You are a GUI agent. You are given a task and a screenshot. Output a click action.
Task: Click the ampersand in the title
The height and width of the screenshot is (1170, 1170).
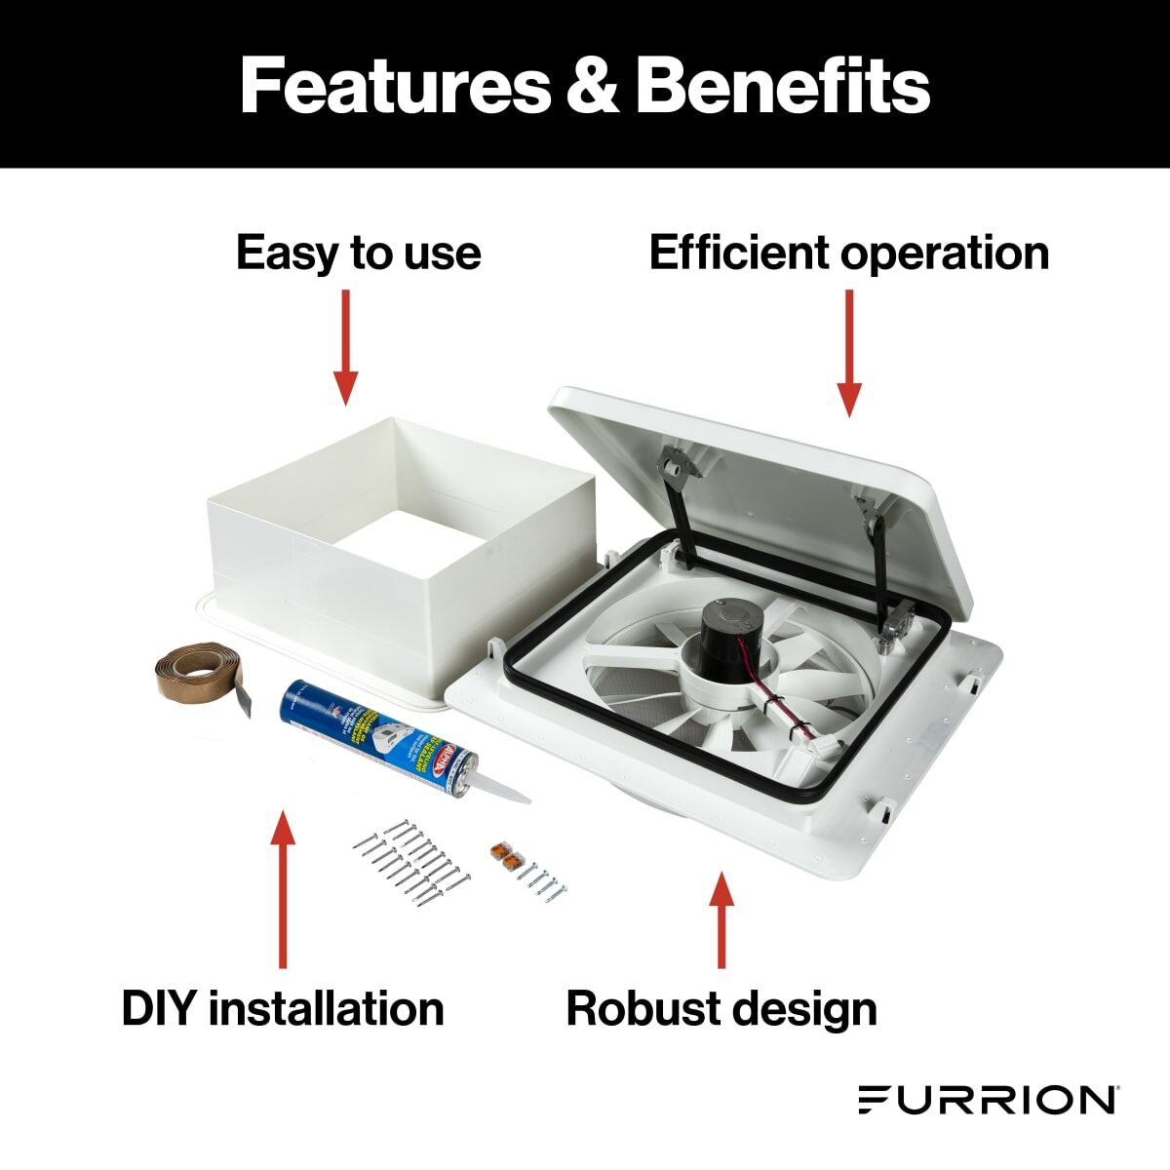594,86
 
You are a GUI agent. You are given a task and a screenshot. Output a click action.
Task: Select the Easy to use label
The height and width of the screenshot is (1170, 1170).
358,253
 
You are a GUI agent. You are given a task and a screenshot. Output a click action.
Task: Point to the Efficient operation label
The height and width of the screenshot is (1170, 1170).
848,253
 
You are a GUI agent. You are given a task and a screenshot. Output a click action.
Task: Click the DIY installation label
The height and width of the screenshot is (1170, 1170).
283,1008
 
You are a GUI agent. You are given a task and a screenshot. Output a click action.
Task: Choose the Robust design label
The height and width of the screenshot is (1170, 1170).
721,1008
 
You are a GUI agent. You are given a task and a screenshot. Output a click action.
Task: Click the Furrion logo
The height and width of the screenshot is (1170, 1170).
988,1099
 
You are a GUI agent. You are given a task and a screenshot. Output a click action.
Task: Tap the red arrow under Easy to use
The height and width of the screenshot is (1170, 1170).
345,346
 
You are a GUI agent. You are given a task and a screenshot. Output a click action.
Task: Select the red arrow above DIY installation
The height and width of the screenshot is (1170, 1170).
283,887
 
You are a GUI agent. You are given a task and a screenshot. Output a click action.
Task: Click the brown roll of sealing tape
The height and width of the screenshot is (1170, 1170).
200,677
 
